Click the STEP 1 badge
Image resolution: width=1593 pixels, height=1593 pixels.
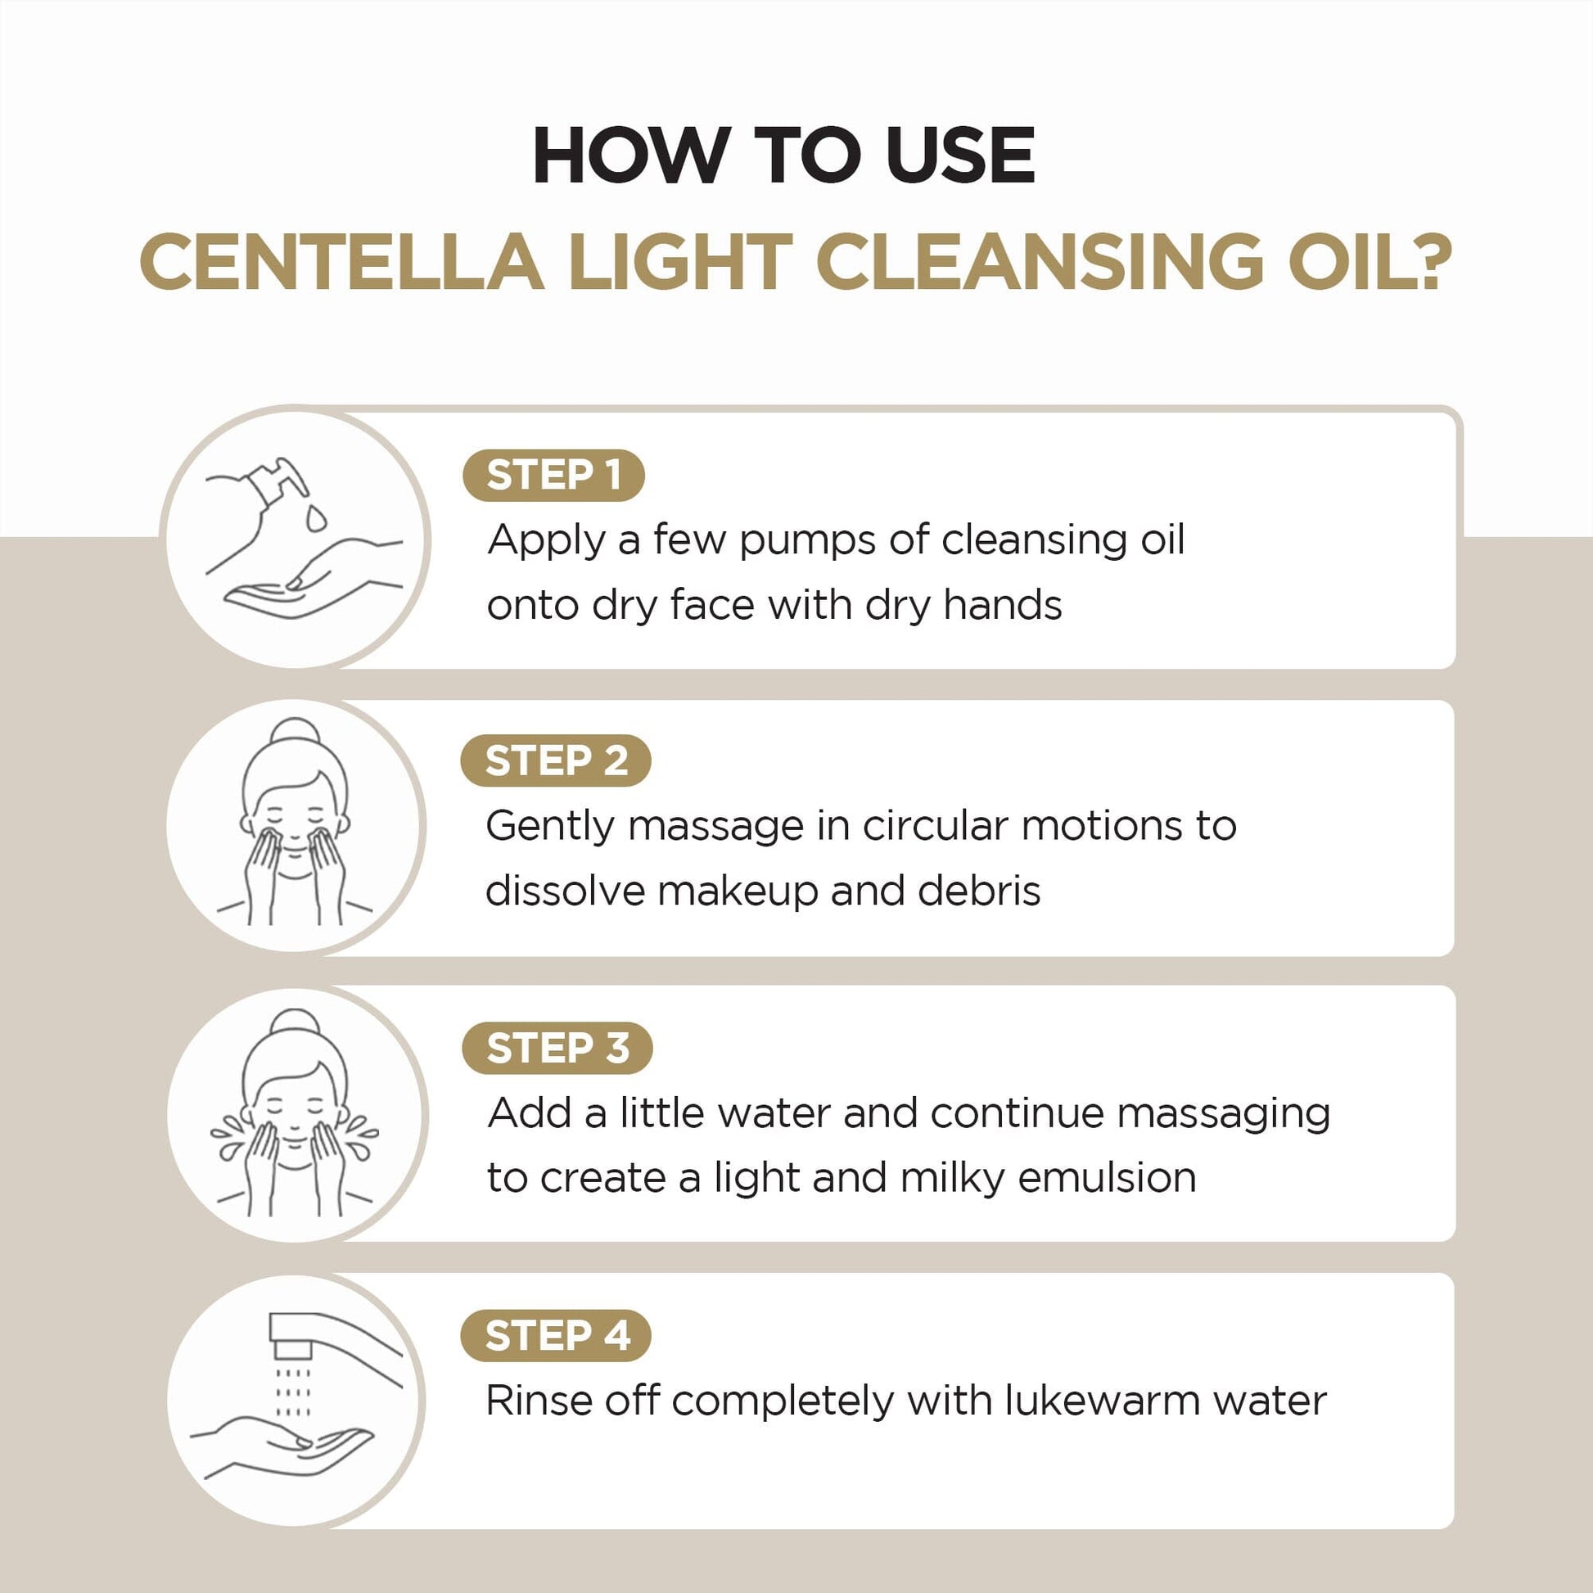[x=553, y=475]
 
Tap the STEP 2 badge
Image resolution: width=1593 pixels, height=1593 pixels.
[x=556, y=760]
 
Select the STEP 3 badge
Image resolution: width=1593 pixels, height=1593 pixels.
[x=557, y=1048]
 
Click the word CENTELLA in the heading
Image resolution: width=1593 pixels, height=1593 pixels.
[x=341, y=262]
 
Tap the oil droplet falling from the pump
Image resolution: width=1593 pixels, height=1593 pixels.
[x=316, y=518]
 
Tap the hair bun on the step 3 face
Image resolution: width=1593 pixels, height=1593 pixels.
[x=296, y=1022]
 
